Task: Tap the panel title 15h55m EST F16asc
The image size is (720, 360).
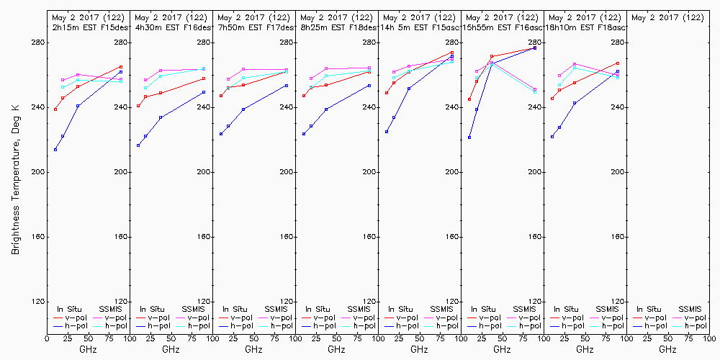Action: [503, 27]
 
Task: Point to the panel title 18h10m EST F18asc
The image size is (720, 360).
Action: [587, 27]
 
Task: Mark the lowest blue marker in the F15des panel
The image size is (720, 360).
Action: [55, 150]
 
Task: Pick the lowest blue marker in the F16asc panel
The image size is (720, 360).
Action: [469, 138]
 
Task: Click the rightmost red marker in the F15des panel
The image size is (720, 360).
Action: [121, 67]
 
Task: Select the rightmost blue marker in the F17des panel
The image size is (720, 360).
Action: [287, 86]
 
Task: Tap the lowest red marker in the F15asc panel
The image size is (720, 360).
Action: [387, 93]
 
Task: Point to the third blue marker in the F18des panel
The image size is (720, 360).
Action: [326, 109]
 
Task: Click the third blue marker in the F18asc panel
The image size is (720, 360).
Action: [575, 103]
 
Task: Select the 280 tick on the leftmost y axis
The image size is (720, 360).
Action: [36, 43]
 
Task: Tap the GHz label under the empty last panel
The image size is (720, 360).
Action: [668, 349]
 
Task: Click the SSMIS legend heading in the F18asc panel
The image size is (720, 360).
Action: [608, 309]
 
